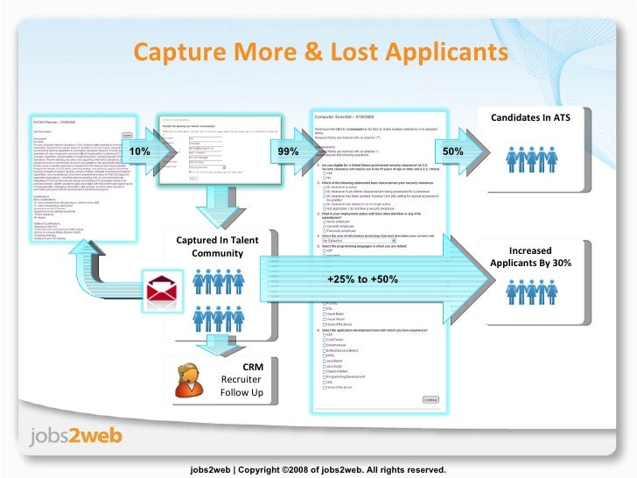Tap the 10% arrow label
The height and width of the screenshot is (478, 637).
[x=140, y=152]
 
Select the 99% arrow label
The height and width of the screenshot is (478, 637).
[x=288, y=152]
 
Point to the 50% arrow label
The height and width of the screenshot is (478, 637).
[x=453, y=152]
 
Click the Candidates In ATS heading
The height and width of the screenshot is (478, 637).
[x=530, y=117]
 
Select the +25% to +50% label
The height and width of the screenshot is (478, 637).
[x=362, y=278]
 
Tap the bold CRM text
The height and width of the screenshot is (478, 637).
[x=253, y=367]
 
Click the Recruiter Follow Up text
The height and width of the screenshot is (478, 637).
[x=242, y=386]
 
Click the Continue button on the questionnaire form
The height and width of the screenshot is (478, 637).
[x=431, y=399]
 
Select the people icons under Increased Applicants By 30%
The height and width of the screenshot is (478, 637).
[x=530, y=301]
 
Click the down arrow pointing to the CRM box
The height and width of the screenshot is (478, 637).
[x=210, y=344]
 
